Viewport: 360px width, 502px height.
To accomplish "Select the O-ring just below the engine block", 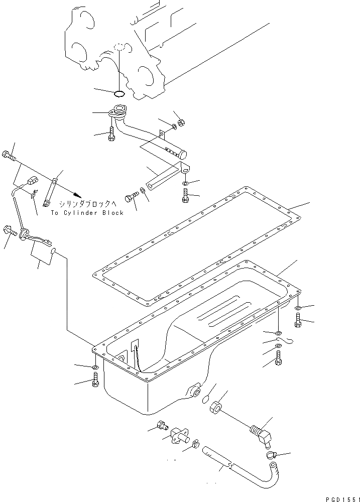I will pos(119,93).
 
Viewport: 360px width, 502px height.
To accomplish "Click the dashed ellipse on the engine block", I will pos(119,47).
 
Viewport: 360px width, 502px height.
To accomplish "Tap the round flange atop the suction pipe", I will pos(120,109).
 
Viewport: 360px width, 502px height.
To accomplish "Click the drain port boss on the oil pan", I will pos(194,390).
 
